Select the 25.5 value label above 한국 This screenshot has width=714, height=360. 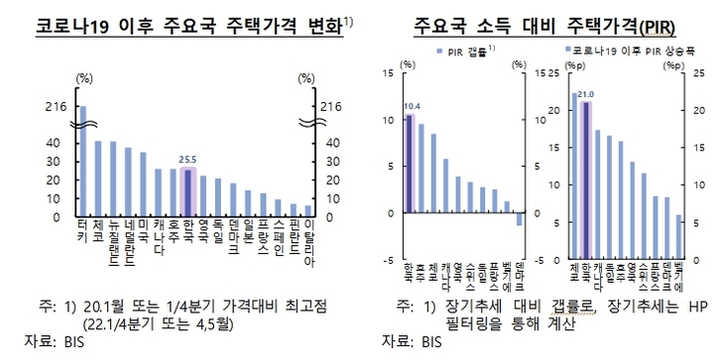187,158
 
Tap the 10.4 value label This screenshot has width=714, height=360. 412,105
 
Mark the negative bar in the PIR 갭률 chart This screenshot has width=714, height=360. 519,219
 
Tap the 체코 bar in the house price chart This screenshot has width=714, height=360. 97,178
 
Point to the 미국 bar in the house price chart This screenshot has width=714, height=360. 143,183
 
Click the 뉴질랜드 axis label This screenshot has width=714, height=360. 113,246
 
